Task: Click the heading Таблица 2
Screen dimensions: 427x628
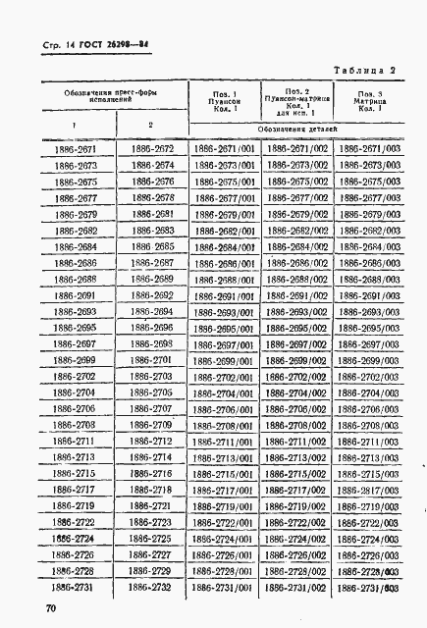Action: pos(364,70)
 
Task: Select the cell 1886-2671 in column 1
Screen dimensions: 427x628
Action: pos(75,149)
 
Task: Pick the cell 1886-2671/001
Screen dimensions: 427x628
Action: pos(224,149)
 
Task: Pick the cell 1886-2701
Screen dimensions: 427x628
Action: pos(150,360)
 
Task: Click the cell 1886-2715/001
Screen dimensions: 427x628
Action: pos(224,473)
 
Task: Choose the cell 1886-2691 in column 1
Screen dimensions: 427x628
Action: pos(75,295)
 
